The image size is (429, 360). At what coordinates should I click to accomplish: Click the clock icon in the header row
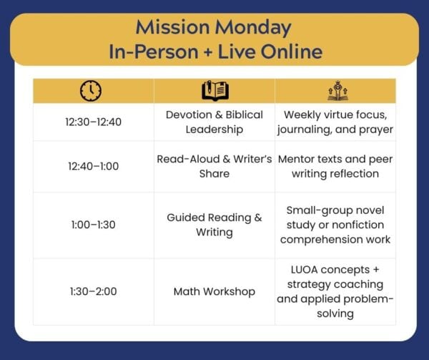(x=91, y=91)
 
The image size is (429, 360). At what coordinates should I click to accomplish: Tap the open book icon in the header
(x=215, y=91)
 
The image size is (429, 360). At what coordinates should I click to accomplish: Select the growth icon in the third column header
(x=338, y=91)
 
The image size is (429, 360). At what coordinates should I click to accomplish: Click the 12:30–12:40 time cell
(x=93, y=122)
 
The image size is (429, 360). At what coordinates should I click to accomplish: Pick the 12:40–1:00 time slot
(x=93, y=166)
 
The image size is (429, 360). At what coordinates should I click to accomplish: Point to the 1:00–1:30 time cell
(x=93, y=225)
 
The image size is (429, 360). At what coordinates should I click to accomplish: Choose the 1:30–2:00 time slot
(x=93, y=291)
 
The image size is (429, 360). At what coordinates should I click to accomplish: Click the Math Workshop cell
(x=214, y=291)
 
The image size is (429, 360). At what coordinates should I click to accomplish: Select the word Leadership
(x=214, y=130)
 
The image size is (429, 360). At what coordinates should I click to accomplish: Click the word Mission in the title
(x=172, y=27)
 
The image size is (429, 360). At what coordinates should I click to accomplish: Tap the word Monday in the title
(x=253, y=28)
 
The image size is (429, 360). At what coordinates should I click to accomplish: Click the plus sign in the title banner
(x=208, y=52)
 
